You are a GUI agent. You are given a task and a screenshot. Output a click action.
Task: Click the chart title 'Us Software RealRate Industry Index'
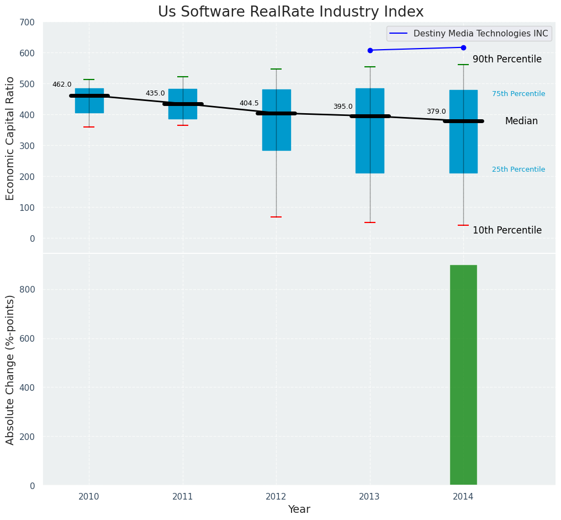point(290,12)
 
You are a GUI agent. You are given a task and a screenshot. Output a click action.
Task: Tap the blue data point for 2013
point(370,50)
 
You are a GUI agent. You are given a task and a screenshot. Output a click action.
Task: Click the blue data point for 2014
point(463,47)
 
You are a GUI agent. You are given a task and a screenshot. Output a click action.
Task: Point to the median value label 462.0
point(62,84)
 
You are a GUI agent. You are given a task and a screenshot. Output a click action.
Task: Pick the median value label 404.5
point(249,103)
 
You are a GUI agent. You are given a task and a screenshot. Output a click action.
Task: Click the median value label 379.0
point(436,112)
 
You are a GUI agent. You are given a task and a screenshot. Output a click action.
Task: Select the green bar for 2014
point(463,375)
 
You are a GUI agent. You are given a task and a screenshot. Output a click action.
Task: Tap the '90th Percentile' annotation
point(507,60)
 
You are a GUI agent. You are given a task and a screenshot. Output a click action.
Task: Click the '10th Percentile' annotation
point(507,231)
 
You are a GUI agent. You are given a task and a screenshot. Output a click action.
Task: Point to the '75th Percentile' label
point(518,94)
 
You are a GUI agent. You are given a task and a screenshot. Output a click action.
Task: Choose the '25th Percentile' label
point(518,169)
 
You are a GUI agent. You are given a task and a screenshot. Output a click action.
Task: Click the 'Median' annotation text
point(521,121)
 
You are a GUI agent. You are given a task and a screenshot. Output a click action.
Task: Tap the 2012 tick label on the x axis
point(276,497)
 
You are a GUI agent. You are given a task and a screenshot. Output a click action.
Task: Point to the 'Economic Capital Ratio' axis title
point(10,138)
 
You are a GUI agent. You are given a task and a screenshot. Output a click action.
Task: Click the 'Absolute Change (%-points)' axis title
point(10,370)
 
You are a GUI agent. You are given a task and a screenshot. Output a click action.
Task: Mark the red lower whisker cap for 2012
point(276,217)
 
